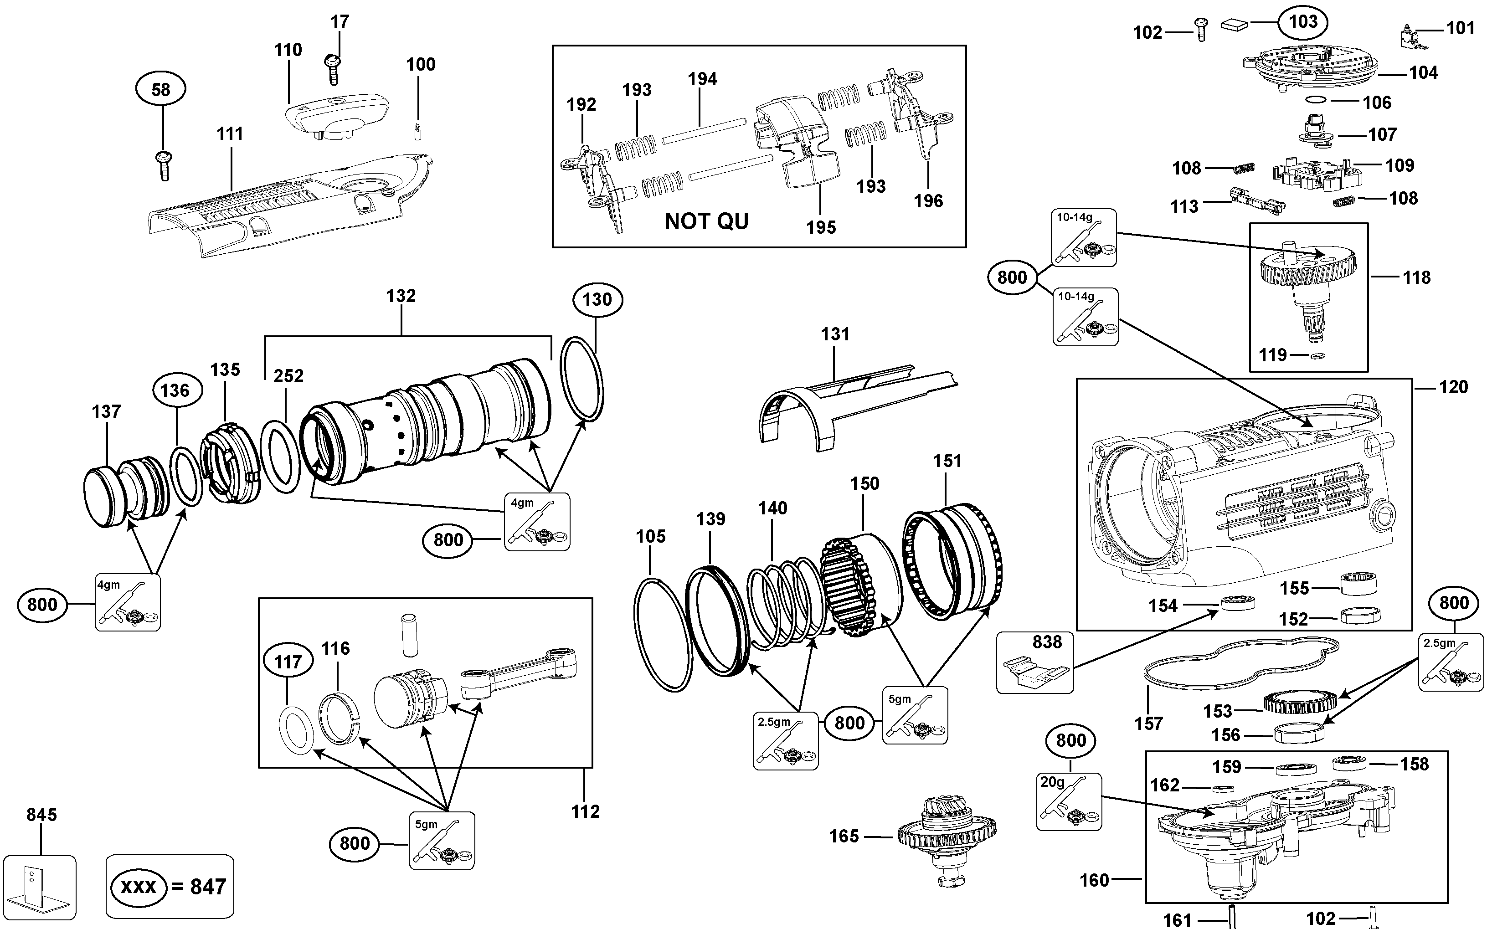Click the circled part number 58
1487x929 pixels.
(x=161, y=90)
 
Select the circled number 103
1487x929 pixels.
(x=1302, y=22)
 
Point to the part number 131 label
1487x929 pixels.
(x=835, y=334)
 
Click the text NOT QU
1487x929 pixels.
(x=707, y=221)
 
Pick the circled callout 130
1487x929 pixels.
(x=597, y=299)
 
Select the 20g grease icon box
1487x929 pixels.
(x=1069, y=802)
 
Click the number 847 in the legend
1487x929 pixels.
(x=208, y=887)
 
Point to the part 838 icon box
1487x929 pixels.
(x=1035, y=662)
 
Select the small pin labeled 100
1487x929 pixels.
(x=418, y=132)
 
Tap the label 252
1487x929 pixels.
(x=288, y=376)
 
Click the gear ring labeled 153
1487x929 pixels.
(x=1300, y=702)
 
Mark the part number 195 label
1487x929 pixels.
(x=821, y=228)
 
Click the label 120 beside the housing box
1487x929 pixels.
(x=1453, y=387)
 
